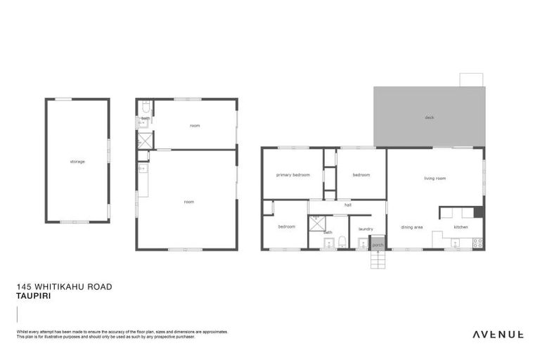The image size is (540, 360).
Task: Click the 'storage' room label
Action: pos(77,162)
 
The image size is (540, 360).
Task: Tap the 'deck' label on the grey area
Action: pos(429,117)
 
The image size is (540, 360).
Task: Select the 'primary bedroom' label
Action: pos(292,174)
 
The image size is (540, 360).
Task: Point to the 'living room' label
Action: pos(435,178)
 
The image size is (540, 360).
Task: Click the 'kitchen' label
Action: pos(461,227)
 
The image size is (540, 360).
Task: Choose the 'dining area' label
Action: pos(412,227)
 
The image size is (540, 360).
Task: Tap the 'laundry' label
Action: pos(366,229)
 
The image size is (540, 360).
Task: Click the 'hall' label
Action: pos(347,204)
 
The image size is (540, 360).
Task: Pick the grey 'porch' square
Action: pos(378,245)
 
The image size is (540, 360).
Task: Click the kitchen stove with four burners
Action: pos(477,243)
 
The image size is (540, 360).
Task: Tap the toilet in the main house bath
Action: pos(342,243)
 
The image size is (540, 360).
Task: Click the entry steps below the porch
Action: pos(378,260)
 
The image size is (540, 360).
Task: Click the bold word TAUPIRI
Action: pos(32,296)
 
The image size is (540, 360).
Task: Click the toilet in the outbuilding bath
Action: pos(146,108)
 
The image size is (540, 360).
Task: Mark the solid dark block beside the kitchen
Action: pos(478,212)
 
